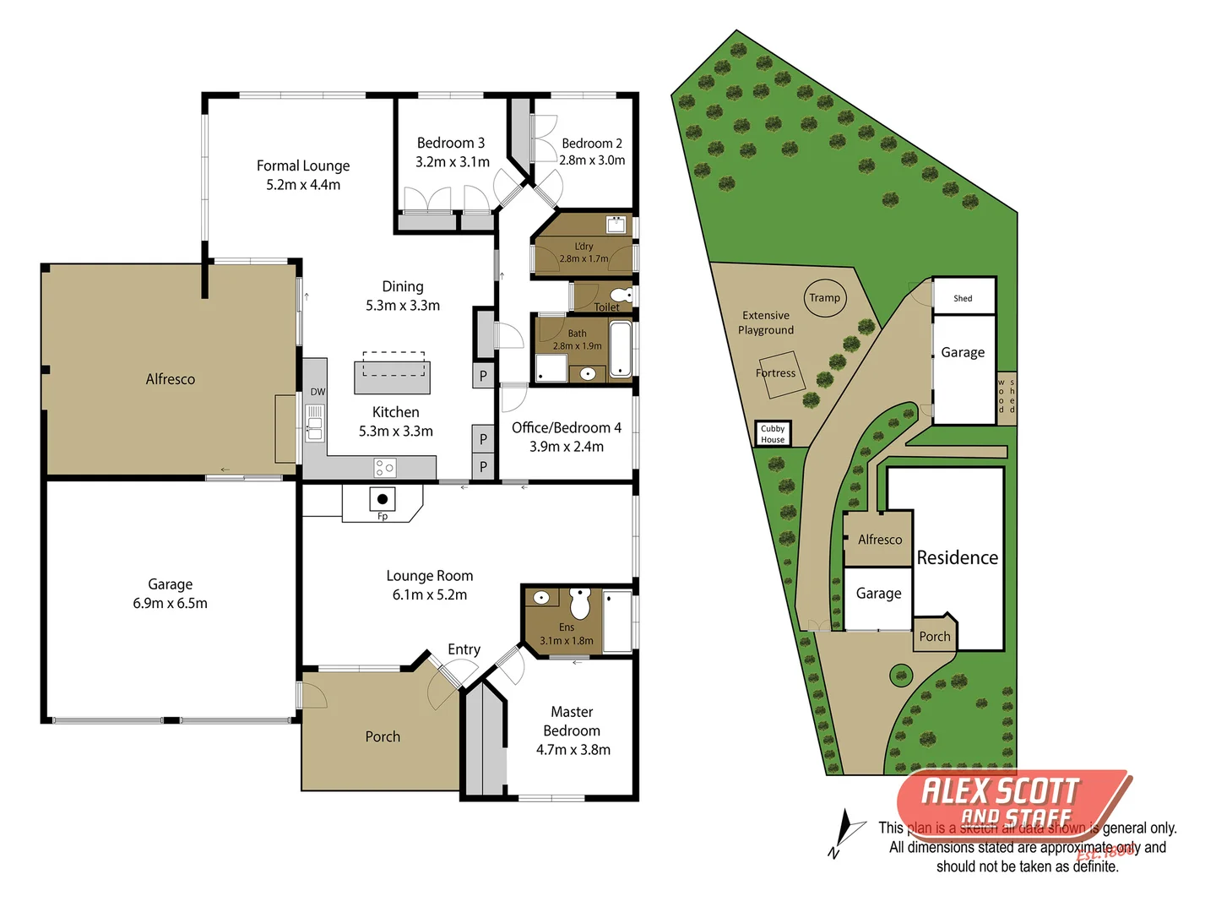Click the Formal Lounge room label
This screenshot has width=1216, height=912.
[303, 166]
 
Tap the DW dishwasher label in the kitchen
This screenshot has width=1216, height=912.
[318, 392]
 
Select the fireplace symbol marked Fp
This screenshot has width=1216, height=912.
[382, 500]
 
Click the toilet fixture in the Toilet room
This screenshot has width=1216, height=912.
[623, 295]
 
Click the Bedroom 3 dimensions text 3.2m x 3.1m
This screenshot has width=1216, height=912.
[453, 162]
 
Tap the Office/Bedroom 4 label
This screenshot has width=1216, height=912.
[567, 428]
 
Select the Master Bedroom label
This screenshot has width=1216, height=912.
[572, 721]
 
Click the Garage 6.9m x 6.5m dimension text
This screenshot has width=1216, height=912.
[170, 604]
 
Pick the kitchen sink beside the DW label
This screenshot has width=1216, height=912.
[314, 423]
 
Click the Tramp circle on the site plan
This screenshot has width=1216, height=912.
[824, 298]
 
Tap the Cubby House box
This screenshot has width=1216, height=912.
[773, 434]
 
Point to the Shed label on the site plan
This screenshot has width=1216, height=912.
[963, 298]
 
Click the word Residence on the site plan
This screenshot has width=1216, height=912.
[958, 558]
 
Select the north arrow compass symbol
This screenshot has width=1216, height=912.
[845, 832]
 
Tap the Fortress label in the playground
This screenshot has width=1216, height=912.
[775, 373]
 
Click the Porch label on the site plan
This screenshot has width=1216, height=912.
[935, 637]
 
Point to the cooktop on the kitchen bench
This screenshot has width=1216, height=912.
[385, 467]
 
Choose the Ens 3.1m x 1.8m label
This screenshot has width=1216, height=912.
[567, 634]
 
